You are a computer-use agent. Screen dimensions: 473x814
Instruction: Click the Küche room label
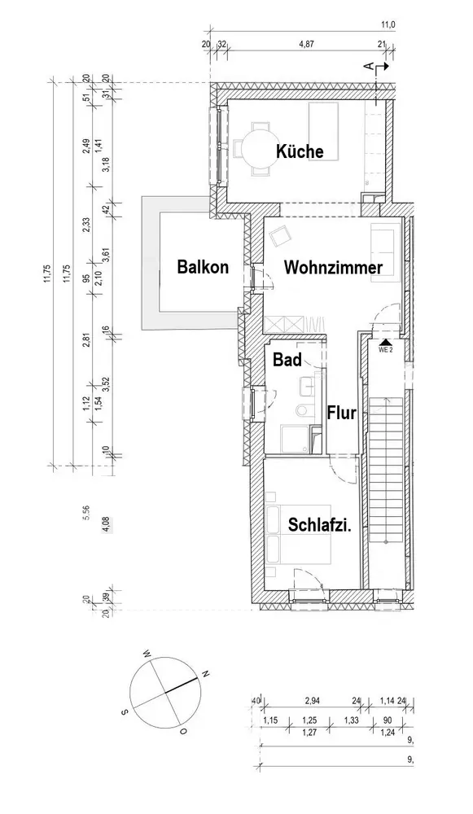coord(300,151)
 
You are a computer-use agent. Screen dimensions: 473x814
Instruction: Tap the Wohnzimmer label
coord(333,268)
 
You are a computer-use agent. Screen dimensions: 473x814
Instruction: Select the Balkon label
coord(203,267)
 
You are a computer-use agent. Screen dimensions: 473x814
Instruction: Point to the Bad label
coord(287,360)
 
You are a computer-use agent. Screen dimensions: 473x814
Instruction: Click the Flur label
coord(342,414)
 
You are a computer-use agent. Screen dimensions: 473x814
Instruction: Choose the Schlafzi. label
coord(320,525)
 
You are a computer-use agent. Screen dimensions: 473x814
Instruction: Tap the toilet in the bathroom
coord(302,410)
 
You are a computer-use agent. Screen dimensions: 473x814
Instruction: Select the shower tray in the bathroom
coord(295,440)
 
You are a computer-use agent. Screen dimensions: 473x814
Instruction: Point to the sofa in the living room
coord(385,253)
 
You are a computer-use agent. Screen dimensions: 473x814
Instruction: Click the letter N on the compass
coord(206,674)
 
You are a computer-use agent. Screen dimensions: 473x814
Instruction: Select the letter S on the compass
coord(125,711)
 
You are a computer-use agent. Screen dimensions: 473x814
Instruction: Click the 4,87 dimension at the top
coord(307,44)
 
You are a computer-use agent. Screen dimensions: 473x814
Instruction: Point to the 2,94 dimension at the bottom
coord(313,701)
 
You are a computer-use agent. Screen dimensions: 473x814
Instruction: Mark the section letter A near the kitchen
coord(369,66)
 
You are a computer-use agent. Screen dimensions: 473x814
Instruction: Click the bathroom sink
coord(305,385)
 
